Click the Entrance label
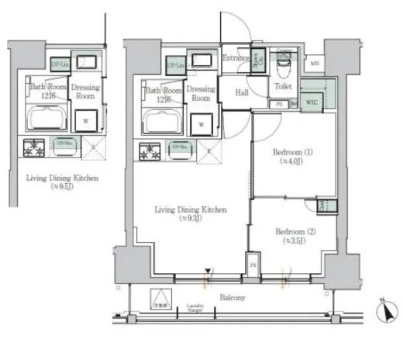(x=236, y=58)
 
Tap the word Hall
(x=240, y=94)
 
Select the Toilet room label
(x=281, y=88)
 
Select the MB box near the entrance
(x=314, y=63)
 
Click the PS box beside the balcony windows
(x=252, y=265)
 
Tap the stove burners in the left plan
(x=34, y=145)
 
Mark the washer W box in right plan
(x=201, y=123)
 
